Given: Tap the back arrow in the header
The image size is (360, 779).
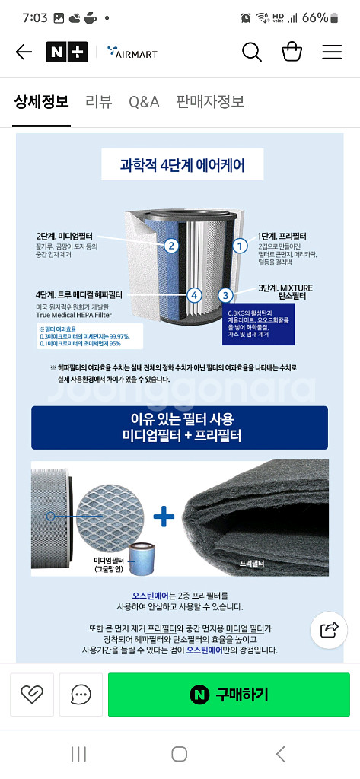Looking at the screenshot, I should click(x=24, y=52).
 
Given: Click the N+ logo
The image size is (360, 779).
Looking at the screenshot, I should click(x=67, y=52).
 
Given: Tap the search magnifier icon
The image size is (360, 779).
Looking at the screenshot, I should click(x=252, y=52).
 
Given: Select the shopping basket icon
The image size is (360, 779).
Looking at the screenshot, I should click(x=292, y=52).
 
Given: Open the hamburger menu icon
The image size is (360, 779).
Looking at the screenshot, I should click(x=332, y=52).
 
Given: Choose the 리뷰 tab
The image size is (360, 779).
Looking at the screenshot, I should click(x=98, y=102).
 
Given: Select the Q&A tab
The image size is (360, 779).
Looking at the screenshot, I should click(x=144, y=102).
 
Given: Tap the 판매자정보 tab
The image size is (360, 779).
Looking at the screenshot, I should click(x=210, y=102).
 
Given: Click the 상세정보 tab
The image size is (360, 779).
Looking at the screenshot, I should click(x=41, y=102).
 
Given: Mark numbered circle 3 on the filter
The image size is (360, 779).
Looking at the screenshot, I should click(x=225, y=295).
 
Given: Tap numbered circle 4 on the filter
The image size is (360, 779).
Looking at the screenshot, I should click(x=194, y=295).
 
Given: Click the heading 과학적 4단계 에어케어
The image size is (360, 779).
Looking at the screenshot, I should click(x=182, y=164).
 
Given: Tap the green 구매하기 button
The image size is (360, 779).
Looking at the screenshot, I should click(x=228, y=695).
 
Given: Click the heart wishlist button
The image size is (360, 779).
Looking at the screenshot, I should click(x=31, y=695).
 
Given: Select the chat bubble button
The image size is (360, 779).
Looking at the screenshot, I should click(x=81, y=695).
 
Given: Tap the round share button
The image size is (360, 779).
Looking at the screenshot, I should click(x=330, y=629).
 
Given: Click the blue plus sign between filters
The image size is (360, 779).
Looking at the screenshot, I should click(x=164, y=517).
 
